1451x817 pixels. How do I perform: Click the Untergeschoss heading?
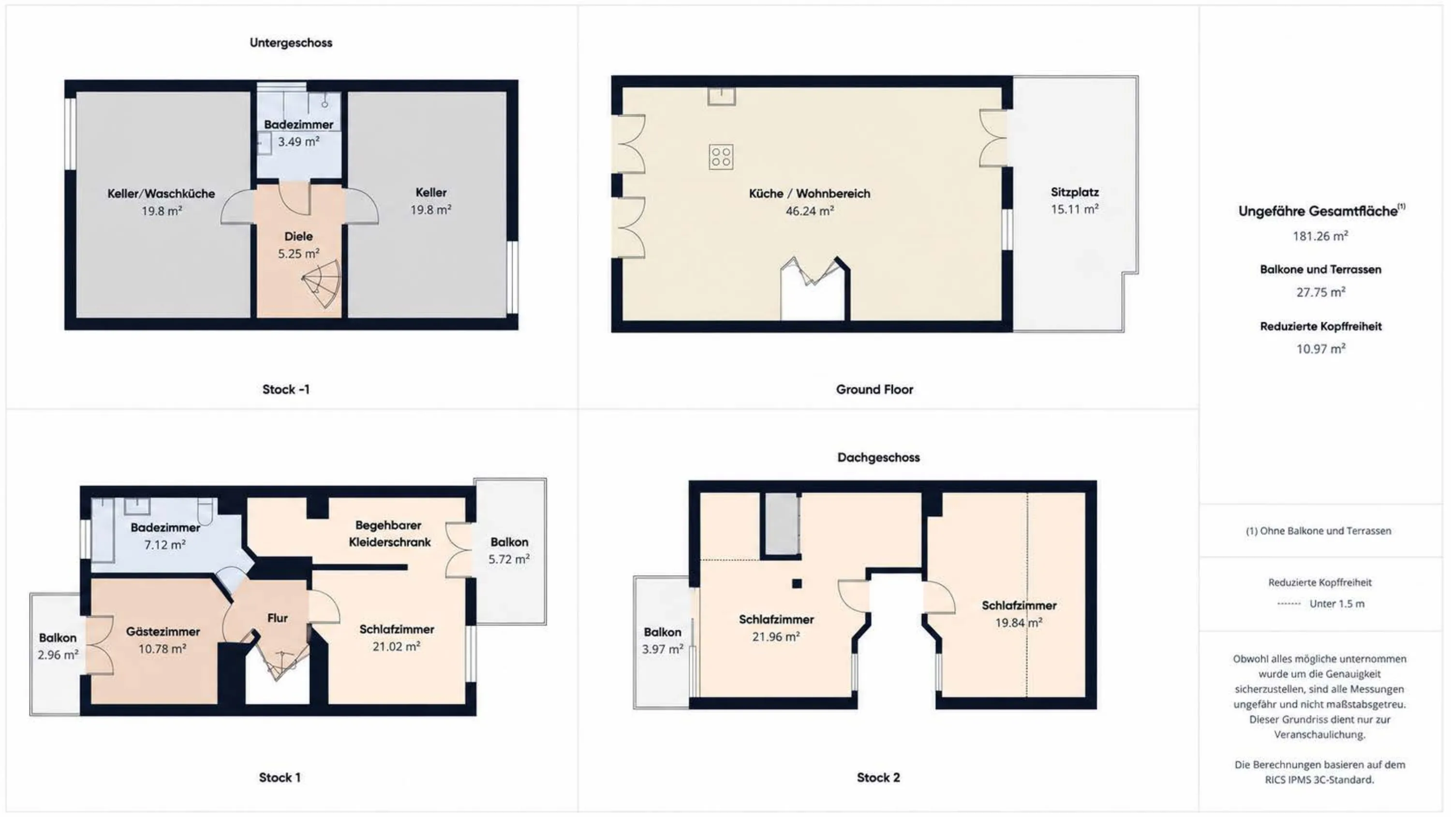[291, 43]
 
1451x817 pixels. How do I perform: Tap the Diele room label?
[298, 237]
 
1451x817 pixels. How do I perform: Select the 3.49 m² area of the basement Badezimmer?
[298, 141]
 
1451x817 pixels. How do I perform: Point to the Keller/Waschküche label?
[161, 194]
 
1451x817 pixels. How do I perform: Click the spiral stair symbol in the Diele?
[323, 283]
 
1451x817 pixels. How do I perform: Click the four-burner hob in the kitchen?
[721, 157]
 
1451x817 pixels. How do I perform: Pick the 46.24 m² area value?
[810, 211]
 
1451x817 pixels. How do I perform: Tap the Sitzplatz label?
[1075, 192]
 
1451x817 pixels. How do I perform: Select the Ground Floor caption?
[874, 389]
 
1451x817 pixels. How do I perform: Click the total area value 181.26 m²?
[1320, 236]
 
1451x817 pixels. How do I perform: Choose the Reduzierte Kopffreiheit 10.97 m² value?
[1321, 349]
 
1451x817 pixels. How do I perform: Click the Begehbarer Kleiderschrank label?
[389, 534]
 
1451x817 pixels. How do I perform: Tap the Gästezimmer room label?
[163, 632]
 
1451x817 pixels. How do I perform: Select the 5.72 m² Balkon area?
[509, 559]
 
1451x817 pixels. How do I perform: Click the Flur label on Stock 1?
[277, 618]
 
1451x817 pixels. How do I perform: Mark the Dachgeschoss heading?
[878, 458]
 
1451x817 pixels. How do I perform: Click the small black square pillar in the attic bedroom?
[797, 584]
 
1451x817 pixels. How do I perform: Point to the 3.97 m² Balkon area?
[663, 649]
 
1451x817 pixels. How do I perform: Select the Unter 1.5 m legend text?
[1337, 604]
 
